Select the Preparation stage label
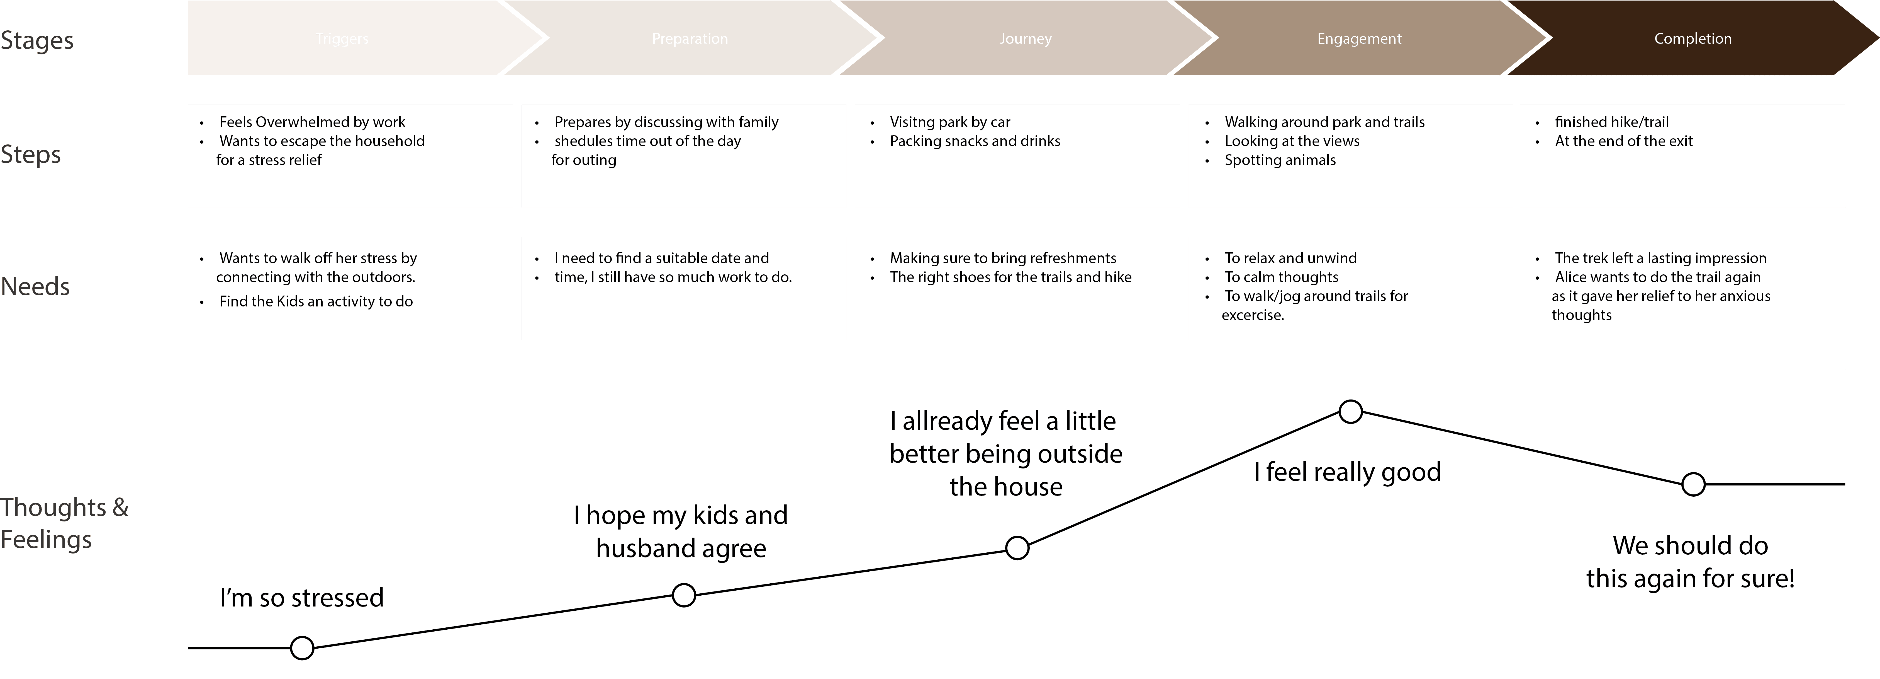[690, 39]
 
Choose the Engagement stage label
[1359, 39]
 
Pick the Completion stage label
[1693, 39]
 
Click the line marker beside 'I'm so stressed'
[302, 647]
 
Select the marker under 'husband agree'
[684, 595]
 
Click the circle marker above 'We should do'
[1693, 484]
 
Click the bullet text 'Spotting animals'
[1280, 160]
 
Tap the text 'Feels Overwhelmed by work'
[312, 122]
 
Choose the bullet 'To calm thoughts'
[1282, 277]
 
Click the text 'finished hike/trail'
[1611, 122]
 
